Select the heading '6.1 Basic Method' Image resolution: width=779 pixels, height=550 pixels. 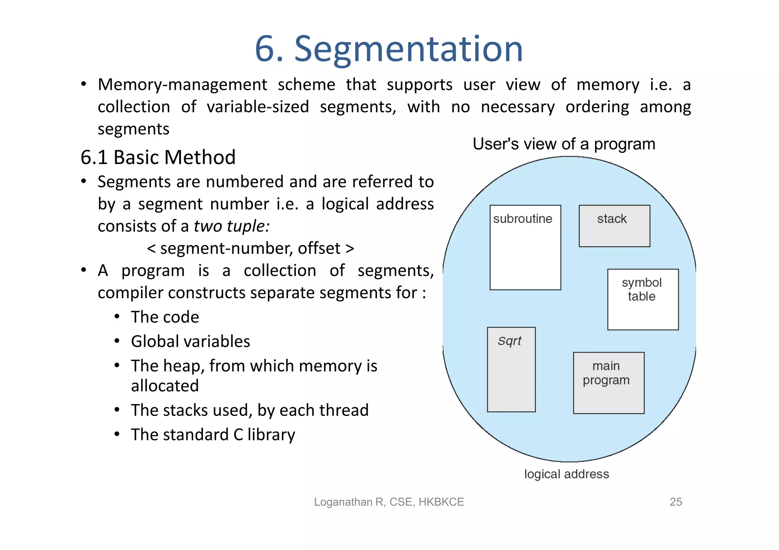tap(158, 157)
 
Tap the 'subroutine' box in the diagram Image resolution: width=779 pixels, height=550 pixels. tap(525, 247)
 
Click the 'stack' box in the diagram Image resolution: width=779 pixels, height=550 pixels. tap(614, 226)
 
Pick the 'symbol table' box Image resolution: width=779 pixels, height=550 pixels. tap(642, 299)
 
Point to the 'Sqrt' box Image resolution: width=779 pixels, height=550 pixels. tap(511, 369)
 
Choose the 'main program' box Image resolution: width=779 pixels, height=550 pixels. tap(608, 382)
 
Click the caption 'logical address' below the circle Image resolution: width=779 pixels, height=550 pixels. tap(566, 474)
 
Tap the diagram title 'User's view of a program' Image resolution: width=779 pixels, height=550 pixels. tap(564, 144)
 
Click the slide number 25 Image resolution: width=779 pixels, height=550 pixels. tap(676, 502)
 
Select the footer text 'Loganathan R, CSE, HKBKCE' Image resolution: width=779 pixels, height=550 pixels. tap(389, 502)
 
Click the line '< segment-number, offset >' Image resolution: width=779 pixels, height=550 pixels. tap(250, 249)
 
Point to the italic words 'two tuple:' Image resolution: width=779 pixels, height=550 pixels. tap(232, 226)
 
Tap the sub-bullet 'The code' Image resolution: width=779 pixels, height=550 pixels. tap(165, 317)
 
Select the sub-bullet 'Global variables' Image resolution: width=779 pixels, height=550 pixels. tap(190, 341)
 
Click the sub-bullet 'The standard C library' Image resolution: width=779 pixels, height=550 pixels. tap(213, 434)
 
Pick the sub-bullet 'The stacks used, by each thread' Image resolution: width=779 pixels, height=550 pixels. tap(250, 410)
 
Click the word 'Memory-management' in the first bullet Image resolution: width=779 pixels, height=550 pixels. tap(182, 85)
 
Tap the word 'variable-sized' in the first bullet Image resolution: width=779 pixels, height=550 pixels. tap(258, 107)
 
